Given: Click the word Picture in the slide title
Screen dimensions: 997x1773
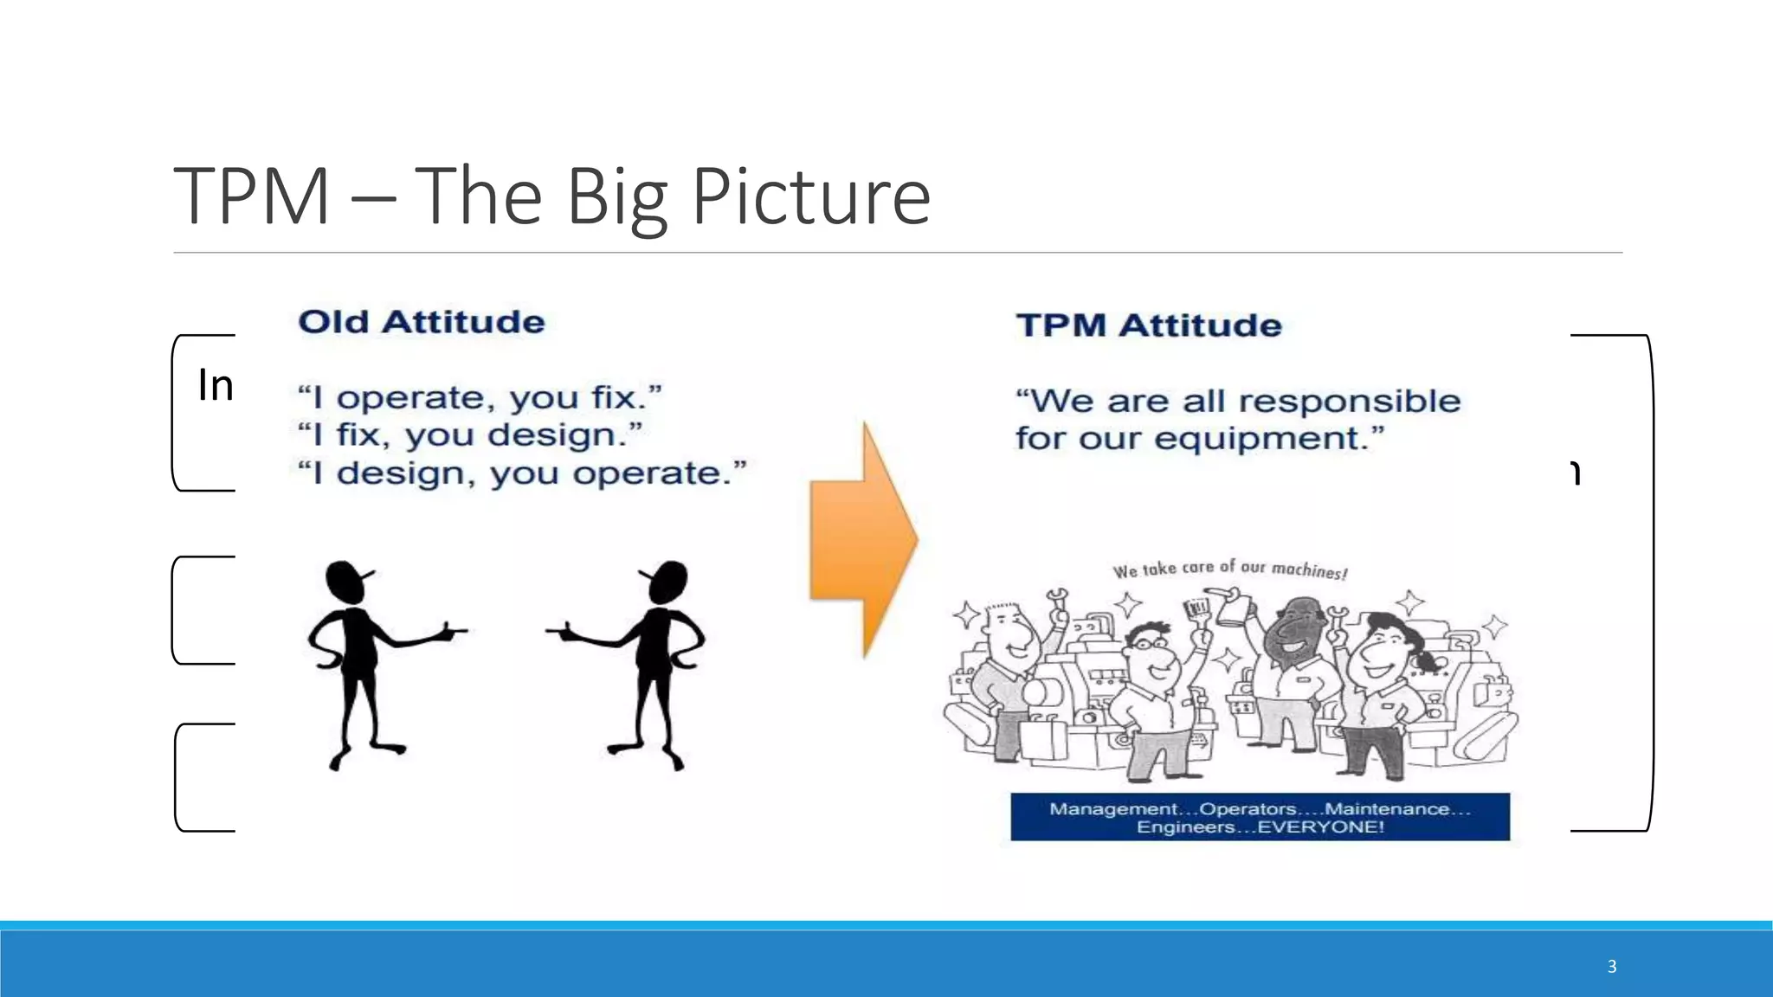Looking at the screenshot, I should click(x=810, y=197).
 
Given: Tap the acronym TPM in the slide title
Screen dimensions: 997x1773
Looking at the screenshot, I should click(x=252, y=197).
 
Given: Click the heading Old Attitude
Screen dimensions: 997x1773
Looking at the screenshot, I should click(x=422, y=322).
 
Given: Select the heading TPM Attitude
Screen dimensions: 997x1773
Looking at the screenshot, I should click(x=1148, y=325).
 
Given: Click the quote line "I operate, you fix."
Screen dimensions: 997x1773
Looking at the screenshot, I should click(x=480, y=398).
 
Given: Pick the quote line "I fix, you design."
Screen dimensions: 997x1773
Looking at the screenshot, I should click(x=470, y=435).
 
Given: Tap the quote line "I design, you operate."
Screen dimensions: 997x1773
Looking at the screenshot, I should click(x=522, y=473).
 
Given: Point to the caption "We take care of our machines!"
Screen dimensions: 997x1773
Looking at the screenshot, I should click(x=1229, y=569).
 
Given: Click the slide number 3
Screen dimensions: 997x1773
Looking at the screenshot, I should click(x=1611, y=967).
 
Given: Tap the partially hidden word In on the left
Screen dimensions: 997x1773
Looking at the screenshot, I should click(x=216, y=385).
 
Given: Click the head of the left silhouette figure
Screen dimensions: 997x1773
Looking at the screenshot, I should click(x=346, y=582).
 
